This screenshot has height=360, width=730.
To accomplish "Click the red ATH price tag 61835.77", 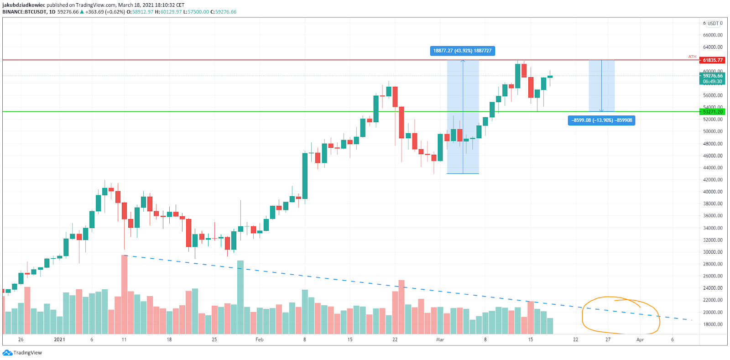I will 712,60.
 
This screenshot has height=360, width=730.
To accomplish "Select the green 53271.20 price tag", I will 712,112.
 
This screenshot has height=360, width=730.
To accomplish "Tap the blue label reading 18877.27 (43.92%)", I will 462,51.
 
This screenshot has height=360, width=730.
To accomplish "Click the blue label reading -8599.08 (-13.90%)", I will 601,120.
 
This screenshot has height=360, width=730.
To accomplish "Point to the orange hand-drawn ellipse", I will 620,315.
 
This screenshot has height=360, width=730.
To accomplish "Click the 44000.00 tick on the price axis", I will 713,168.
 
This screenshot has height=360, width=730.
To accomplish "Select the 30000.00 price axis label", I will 713,252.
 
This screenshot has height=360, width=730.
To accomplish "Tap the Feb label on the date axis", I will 259,339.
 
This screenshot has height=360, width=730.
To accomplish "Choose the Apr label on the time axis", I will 640,339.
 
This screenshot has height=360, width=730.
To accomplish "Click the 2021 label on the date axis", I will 59,339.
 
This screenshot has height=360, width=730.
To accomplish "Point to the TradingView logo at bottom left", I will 22,353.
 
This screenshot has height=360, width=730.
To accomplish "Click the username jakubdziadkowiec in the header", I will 24,5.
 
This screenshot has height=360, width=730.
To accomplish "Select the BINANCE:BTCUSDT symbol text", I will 25,12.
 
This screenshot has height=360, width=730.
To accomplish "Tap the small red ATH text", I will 692,57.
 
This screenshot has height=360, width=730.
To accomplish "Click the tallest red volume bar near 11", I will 124,294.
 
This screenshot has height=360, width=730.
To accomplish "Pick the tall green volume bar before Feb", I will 240,297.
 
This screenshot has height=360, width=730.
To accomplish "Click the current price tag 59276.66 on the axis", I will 712,76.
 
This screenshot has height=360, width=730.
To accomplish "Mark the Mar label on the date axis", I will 440,339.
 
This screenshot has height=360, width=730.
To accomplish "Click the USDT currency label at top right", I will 713,23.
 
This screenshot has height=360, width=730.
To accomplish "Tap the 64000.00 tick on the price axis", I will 713,47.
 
